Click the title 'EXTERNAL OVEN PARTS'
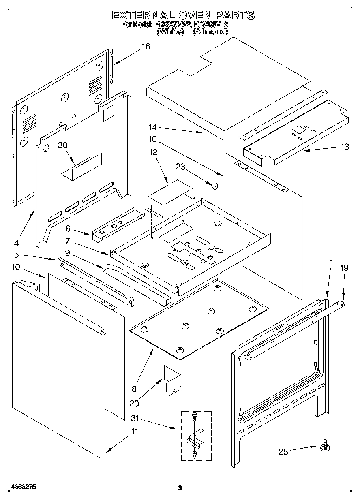[183, 15]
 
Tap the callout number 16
[145, 46]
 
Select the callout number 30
[62, 145]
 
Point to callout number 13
[344, 147]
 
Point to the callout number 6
[68, 229]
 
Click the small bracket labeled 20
[172, 379]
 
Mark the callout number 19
[344, 268]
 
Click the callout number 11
[134, 432]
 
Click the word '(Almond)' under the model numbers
[210, 32]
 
